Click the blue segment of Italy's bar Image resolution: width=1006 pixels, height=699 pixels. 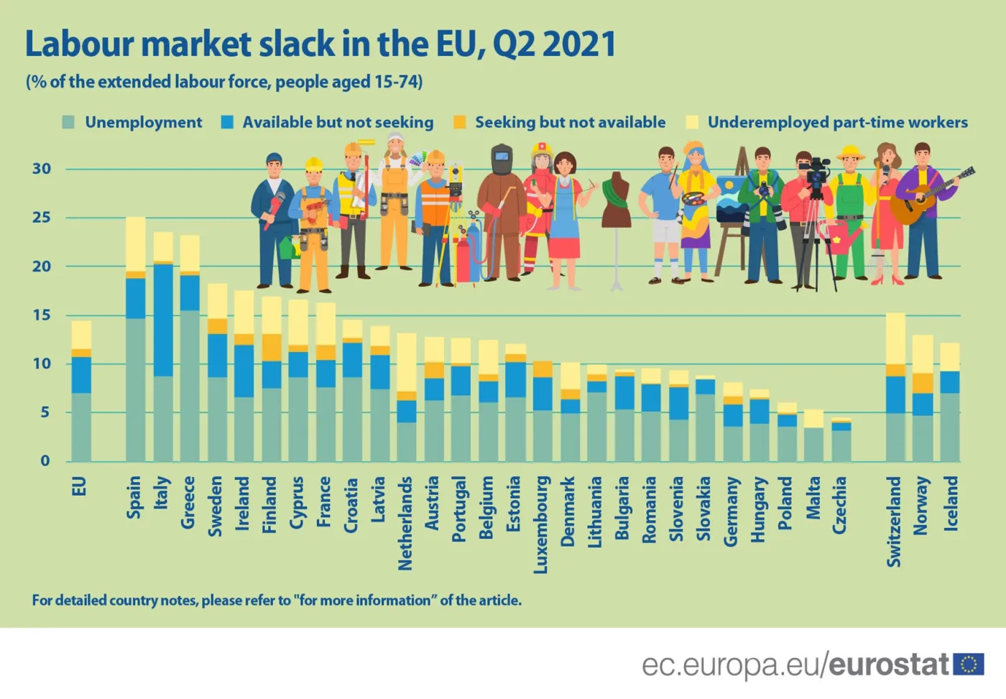coord(163,320)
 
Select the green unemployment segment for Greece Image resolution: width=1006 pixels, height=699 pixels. coord(190,385)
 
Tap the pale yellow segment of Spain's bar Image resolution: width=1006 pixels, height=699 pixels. coord(136,244)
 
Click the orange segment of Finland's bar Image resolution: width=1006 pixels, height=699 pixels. coord(272,347)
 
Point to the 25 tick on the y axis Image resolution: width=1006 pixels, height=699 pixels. coord(42,218)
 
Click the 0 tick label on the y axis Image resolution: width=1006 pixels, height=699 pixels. coord(45,460)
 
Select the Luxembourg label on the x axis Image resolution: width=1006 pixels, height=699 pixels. coord(541,524)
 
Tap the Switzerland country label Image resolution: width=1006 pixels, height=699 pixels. coord(894,521)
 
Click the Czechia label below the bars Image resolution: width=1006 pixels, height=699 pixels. coord(839,505)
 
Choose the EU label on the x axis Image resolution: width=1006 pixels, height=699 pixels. coord(80,486)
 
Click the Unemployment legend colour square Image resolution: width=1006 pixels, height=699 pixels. coord(68,122)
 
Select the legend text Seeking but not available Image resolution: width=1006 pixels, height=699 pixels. coord(570,122)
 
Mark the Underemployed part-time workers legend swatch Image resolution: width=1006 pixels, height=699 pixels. coord(692,122)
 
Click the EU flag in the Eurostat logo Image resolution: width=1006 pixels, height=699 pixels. coord(969,665)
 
